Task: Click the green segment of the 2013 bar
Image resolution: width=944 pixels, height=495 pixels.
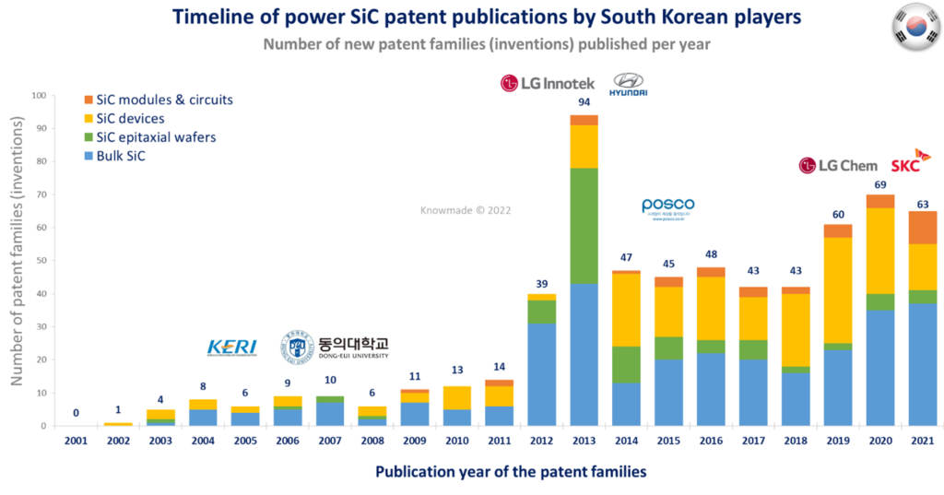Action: coord(584,225)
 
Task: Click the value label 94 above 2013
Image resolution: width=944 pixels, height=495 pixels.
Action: coord(584,102)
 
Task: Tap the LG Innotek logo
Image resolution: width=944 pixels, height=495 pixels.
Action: coord(548,84)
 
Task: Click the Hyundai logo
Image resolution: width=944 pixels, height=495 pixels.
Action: coord(628,86)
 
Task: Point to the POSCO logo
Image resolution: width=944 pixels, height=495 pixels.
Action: coord(667,207)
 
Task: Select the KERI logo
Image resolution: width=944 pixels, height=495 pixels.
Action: coord(232,348)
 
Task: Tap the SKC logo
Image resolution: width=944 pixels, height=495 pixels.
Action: coord(910,162)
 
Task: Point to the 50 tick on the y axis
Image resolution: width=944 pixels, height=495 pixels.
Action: coord(40,261)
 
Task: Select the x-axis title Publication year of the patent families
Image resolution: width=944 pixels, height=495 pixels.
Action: coord(511,471)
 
